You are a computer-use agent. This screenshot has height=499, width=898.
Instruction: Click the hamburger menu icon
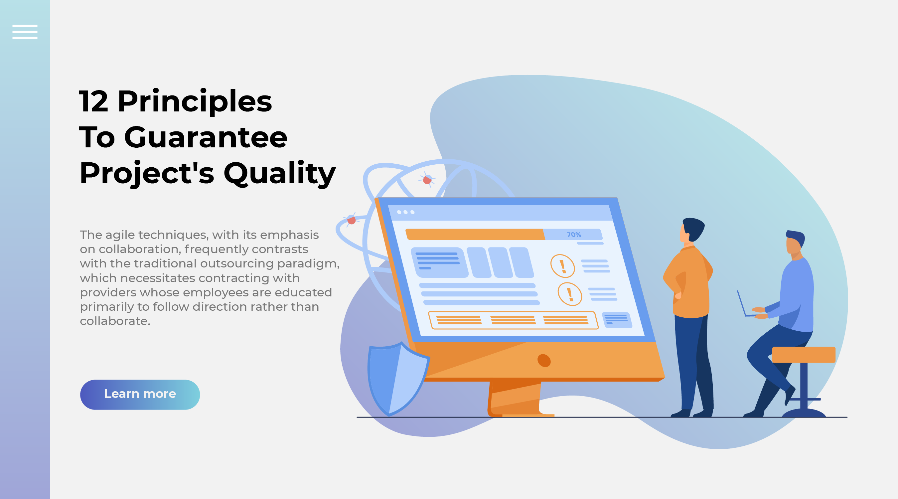pyautogui.click(x=25, y=32)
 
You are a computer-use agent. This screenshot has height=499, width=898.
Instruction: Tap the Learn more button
pyautogui.click(x=140, y=395)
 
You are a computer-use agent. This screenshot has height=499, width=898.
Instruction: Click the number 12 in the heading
pyautogui.click(x=93, y=101)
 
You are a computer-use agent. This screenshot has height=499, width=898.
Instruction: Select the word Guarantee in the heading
pyautogui.click(x=206, y=137)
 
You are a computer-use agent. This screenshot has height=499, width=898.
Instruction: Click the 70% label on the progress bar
pyautogui.click(x=574, y=235)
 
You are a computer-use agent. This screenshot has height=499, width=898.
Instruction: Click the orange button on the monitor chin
pyautogui.click(x=544, y=361)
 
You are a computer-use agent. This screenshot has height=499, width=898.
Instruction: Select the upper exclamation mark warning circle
pyautogui.click(x=562, y=266)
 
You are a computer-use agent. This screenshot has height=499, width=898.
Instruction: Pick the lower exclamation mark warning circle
pyautogui.click(x=570, y=294)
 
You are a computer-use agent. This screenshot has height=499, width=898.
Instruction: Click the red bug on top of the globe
pyautogui.click(x=427, y=180)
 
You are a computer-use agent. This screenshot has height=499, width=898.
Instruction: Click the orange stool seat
pyautogui.click(x=804, y=355)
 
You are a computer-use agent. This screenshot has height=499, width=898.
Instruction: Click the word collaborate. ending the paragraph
pyautogui.click(x=115, y=321)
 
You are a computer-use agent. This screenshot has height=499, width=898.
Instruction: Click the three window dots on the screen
pyautogui.click(x=405, y=212)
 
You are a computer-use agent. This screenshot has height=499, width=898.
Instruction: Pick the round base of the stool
pyautogui.click(x=804, y=413)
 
